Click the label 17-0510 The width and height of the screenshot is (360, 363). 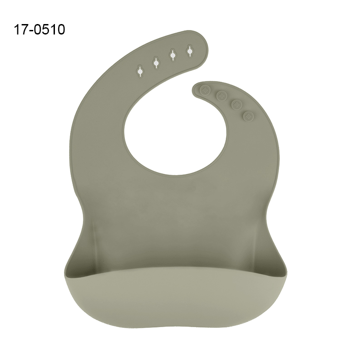click(39, 29)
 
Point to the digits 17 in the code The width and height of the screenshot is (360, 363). click(20, 29)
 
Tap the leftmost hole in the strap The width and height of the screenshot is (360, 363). click(140, 71)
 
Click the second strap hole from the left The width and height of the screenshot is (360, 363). click(156, 63)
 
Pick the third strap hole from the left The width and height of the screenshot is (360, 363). click(173, 55)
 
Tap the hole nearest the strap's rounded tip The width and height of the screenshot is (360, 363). click(190, 50)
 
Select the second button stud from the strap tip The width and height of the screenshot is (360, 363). click(222, 95)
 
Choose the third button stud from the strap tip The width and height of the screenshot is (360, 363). click(237, 104)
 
